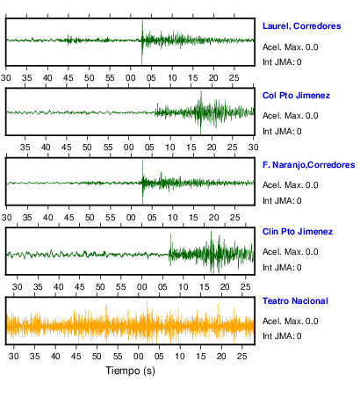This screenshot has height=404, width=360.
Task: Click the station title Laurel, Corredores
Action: tap(301, 26)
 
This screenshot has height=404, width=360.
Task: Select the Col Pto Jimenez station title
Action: tap(296, 96)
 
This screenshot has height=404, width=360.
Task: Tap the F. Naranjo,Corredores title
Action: tap(308, 165)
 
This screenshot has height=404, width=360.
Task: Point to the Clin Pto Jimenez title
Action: tap(298, 232)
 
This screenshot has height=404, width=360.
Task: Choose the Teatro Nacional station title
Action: tap(295, 301)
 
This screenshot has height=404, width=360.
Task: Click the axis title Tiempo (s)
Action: tap(130, 371)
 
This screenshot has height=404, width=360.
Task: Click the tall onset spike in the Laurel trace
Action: tap(142, 42)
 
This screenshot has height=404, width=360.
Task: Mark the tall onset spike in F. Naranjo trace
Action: tap(142, 182)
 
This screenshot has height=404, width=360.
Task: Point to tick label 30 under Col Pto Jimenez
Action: tap(254, 148)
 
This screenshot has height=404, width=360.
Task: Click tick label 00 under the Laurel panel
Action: tap(131, 78)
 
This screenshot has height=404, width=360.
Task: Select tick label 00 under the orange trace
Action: tap(139, 357)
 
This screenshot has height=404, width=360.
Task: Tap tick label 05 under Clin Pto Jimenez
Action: tap(162, 287)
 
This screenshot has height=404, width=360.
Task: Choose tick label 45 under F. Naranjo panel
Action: tap(69, 218)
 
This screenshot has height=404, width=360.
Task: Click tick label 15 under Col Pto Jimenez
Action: tap(191, 148)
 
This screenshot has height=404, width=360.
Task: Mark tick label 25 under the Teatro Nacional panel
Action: tap(242, 357)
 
